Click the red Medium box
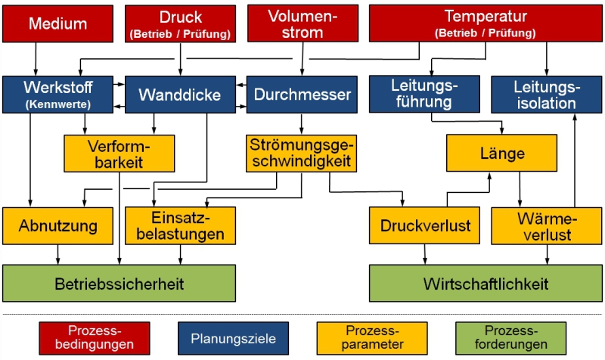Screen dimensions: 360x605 pos(57,23)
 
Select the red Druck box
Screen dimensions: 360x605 pos(180,23)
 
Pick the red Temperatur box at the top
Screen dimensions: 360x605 pos(485,23)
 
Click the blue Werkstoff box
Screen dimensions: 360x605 pos(57,94)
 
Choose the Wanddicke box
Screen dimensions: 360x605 pos(180,95)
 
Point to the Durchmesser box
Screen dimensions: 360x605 pos(302,95)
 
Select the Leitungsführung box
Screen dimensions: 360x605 pos(423,94)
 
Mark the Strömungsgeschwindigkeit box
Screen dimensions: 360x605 pos(301,152)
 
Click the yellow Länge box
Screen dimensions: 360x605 pos(502,154)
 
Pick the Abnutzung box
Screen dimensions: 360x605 pos(58,225)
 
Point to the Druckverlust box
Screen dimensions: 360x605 pos(425,225)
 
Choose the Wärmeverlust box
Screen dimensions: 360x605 pos(546,225)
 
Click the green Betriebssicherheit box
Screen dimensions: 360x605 pos(119,284)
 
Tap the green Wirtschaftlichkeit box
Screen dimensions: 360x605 pos(486,284)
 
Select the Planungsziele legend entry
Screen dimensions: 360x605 pos(232,338)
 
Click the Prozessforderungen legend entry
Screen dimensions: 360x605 pos(510,338)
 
